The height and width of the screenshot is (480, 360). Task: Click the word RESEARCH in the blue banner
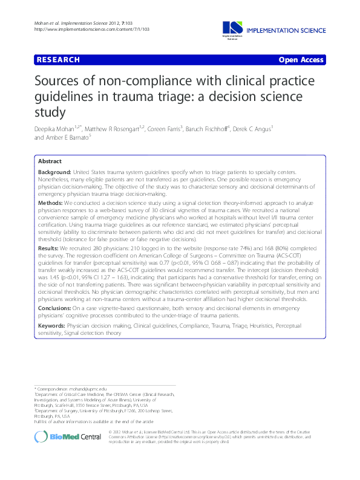point(58,60)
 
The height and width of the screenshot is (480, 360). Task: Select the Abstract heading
point(50,162)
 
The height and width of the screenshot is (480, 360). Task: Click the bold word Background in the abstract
point(56,173)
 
